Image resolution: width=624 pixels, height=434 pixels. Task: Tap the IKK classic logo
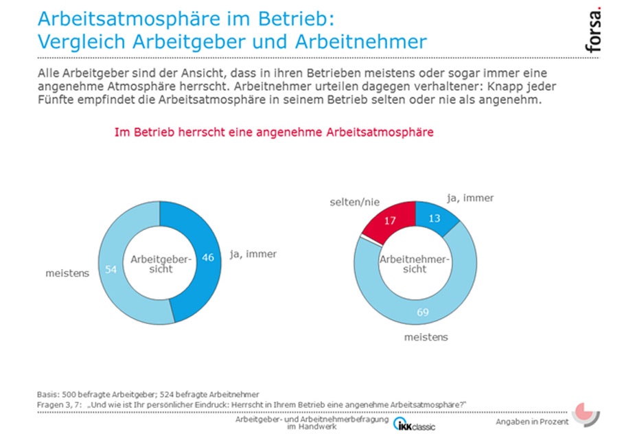pyautogui.click(x=414, y=425)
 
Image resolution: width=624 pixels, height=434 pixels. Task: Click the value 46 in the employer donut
pyautogui.click(x=208, y=258)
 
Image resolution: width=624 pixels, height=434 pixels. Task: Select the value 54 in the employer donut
pyautogui.click(x=111, y=270)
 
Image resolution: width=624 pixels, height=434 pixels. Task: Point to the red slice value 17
pyautogui.click(x=390, y=220)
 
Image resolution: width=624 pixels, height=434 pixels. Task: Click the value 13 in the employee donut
pyautogui.click(x=434, y=218)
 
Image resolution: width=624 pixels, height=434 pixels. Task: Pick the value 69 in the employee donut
pyautogui.click(x=423, y=312)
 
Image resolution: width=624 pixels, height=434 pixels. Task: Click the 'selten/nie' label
pyautogui.click(x=354, y=203)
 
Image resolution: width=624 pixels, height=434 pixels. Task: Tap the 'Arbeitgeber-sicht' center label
pyautogui.click(x=161, y=264)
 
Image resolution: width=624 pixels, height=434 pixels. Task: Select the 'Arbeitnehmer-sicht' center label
pyautogui.click(x=414, y=264)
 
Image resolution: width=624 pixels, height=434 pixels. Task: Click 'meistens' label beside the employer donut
pyautogui.click(x=67, y=273)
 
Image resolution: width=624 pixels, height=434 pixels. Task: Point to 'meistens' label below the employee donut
pyautogui.click(x=426, y=337)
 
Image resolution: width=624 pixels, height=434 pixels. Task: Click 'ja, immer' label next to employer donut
pyautogui.click(x=253, y=254)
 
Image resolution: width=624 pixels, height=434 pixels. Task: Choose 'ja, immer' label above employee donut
pyautogui.click(x=470, y=198)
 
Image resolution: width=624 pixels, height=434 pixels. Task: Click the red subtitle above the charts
pyautogui.click(x=274, y=132)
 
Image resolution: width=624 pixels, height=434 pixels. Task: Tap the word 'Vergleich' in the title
pyautogui.click(x=82, y=41)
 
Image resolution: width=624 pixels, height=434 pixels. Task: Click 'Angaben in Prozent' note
pyautogui.click(x=532, y=422)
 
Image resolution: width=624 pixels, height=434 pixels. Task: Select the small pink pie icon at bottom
pyautogui.click(x=585, y=413)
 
